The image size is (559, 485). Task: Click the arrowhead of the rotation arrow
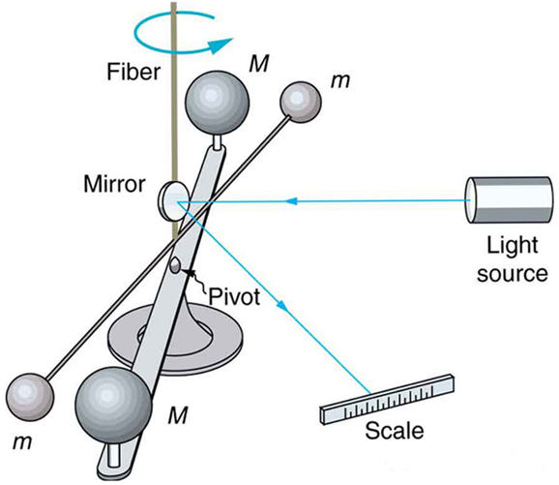point(224,42)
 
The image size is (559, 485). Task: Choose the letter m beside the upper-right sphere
point(339,80)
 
